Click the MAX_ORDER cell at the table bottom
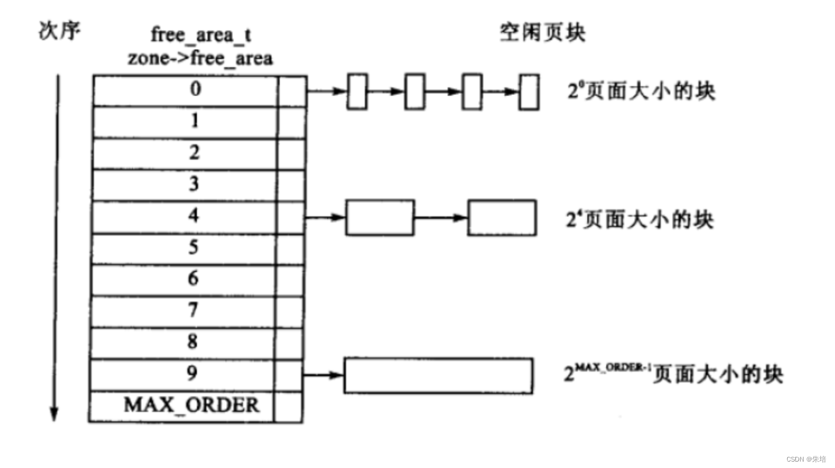(x=191, y=405)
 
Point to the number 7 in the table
(x=194, y=311)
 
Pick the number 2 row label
(x=194, y=153)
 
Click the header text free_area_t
(x=201, y=35)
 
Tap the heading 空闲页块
(x=542, y=33)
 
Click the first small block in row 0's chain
(x=357, y=92)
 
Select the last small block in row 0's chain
(x=529, y=92)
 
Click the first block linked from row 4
(x=380, y=217)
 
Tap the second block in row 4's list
(x=501, y=217)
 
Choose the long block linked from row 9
(x=438, y=375)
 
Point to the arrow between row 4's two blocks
(x=441, y=218)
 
